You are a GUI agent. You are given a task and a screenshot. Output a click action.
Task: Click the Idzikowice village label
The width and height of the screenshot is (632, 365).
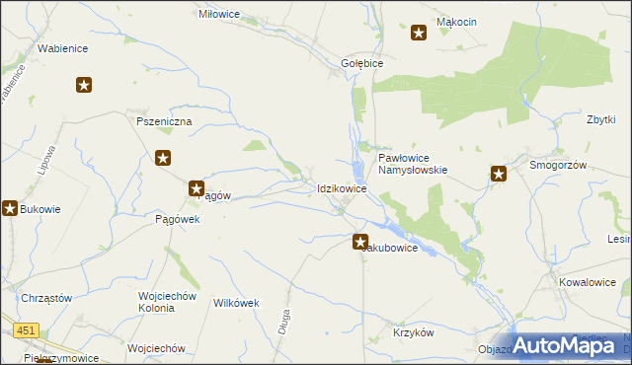tap(343, 187)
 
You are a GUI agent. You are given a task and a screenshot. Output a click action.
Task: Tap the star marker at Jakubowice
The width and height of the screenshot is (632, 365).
tap(361, 241)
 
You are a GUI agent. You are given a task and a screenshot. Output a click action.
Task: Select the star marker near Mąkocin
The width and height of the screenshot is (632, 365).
tap(419, 34)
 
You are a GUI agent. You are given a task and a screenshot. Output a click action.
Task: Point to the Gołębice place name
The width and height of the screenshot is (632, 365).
tap(361, 62)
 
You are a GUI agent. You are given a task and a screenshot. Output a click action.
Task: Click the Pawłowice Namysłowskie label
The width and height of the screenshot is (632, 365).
tap(413, 163)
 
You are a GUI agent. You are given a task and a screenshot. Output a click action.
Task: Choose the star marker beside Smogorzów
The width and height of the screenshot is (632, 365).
tap(499, 176)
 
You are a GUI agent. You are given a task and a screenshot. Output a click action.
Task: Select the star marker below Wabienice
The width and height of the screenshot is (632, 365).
tap(85, 85)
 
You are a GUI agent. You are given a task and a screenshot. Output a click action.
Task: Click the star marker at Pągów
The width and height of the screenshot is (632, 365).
tap(197, 187)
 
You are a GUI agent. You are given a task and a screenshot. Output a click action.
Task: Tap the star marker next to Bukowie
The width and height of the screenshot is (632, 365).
tap(11, 208)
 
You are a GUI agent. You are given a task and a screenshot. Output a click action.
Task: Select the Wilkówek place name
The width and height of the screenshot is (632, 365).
tap(236, 303)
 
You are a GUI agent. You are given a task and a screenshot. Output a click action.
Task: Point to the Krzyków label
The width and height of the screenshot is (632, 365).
tap(414, 332)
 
